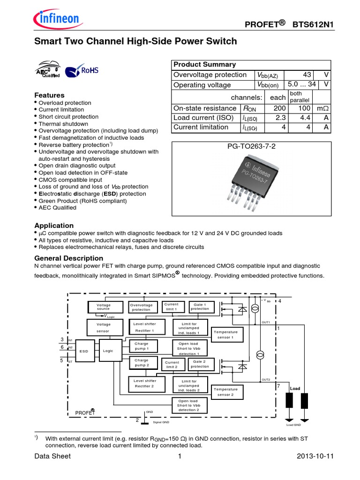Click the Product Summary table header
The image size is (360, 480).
pos(205,65)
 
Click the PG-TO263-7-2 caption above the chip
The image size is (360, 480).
pos(251,147)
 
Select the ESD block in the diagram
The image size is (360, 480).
pos(84,351)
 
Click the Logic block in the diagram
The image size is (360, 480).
pos(108,351)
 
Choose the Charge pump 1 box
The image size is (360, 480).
pos(141,346)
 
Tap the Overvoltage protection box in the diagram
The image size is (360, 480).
pos(141,307)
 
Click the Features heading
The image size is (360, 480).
pos(50,95)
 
